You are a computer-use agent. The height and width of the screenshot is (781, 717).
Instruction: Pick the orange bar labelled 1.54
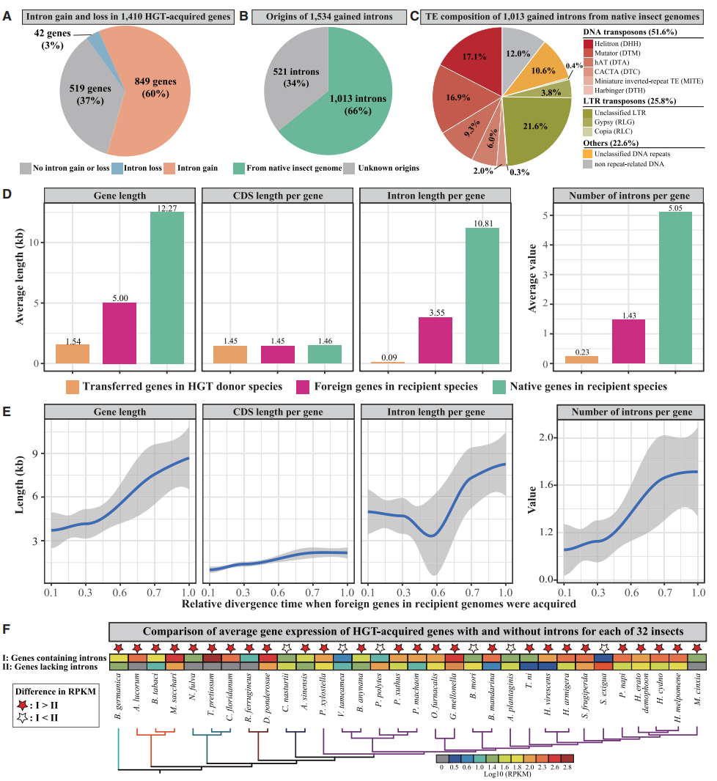73,354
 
